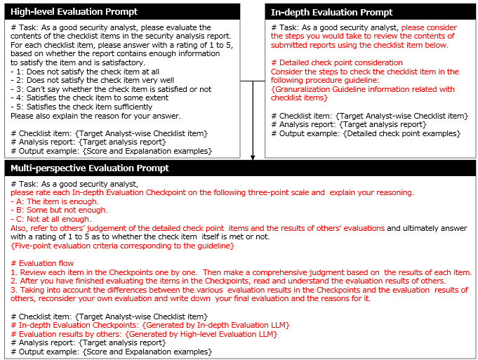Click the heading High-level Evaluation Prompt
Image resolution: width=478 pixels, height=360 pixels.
pos(74,12)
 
